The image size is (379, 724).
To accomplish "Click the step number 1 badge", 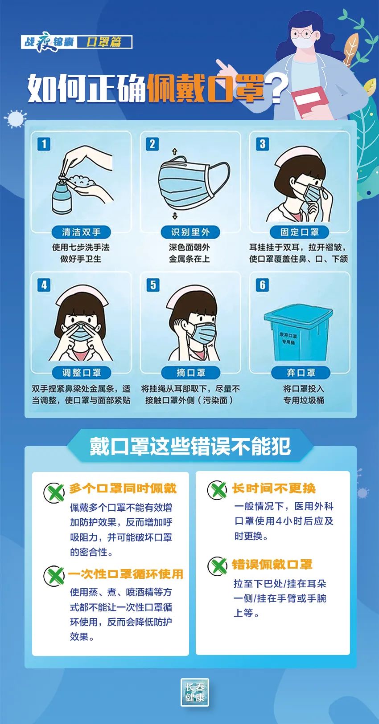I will pyautogui.click(x=44, y=144).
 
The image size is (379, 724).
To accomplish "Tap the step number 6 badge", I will pyautogui.click(x=262, y=285).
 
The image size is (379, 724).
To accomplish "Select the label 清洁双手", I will pyautogui.click(x=81, y=232).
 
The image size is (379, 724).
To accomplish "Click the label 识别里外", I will pyautogui.click(x=190, y=232).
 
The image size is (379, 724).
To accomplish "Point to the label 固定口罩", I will pyautogui.click(x=300, y=232).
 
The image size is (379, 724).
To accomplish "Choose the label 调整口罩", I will pyautogui.click(x=81, y=373).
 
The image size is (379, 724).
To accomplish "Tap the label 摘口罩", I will pyautogui.click(x=190, y=373).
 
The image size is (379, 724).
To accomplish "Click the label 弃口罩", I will pyautogui.click(x=301, y=373).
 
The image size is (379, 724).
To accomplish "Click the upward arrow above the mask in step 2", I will pyautogui.click(x=175, y=152).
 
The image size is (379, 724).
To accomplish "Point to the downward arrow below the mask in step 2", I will pyautogui.click(x=175, y=216).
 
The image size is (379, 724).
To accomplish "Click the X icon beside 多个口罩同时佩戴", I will pyautogui.click(x=54, y=492).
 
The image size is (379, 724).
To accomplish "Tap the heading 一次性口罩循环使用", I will pyautogui.click(x=125, y=574).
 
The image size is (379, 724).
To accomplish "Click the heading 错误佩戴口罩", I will pyautogui.click(x=272, y=565).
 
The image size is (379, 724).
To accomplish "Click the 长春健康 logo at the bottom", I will pyautogui.click(x=195, y=692).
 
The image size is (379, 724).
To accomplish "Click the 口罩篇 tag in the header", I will pyautogui.click(x=104, y=42).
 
